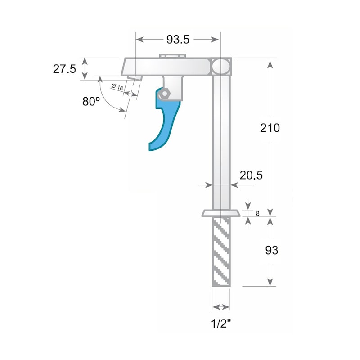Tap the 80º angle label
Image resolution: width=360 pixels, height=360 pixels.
(x=91, y=102)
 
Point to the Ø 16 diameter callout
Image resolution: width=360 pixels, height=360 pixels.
(x=117, y=87)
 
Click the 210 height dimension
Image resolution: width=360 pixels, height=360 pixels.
(x=270, y=128)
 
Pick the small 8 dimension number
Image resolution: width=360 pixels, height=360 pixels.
(x=257, y=213)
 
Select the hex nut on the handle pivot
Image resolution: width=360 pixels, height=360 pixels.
(x=165, y=93)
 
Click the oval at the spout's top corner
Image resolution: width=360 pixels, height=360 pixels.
(x=221, y=66)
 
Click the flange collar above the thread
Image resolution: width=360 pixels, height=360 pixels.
(x=221, y=213)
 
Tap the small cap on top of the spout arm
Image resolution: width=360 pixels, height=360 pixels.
(x=172, y=55)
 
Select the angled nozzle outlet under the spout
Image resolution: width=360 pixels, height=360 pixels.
(x=134, y=77)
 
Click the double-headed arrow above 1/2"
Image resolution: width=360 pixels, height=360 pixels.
(x=221, y=307)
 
